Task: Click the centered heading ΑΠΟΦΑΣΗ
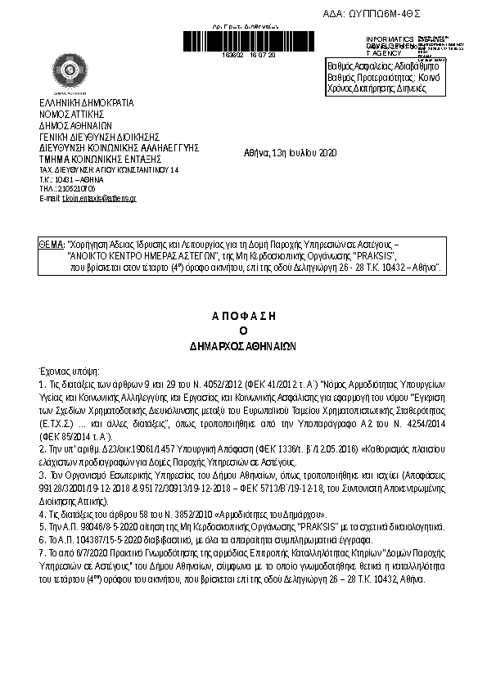[x=242, y=314]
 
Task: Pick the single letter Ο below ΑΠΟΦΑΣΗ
[x=242, y=330]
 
